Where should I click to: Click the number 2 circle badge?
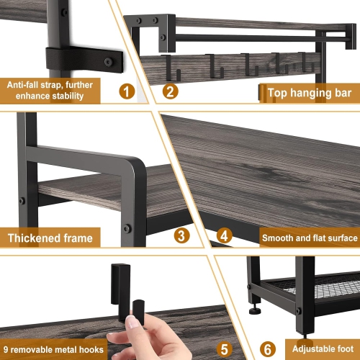[x=170, y=91]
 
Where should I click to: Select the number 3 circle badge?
[x=181, y=235]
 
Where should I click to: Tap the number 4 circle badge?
[x=224, y=235]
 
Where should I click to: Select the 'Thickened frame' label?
[x=50, y=238]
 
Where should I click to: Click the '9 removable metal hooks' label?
[x=54, y=349]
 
